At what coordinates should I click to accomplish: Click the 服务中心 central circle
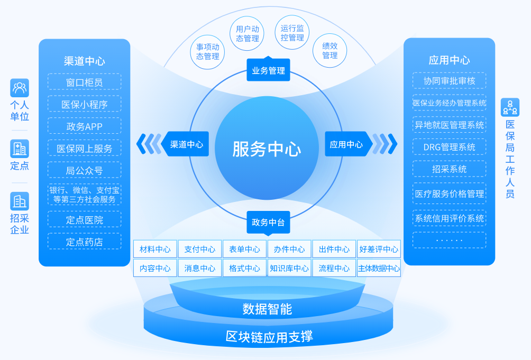266,149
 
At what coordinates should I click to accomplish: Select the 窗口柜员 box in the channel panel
85,82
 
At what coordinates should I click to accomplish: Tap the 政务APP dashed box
85,126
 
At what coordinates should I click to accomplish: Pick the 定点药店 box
85,242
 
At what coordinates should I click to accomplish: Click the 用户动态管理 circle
247,33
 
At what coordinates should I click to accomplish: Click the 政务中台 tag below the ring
268,223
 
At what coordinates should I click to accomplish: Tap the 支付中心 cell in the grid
199,249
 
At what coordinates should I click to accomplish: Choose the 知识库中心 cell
289,268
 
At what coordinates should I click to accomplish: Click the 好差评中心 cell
379,249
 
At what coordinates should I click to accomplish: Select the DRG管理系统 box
450,147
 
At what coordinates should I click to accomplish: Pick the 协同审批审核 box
450,81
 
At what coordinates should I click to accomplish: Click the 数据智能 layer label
267,309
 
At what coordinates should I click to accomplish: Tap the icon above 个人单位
20,87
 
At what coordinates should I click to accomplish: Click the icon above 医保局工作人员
510,107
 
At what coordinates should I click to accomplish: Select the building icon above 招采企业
20,201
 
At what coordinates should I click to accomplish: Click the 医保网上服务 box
85,149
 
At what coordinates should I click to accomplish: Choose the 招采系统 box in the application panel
450,169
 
